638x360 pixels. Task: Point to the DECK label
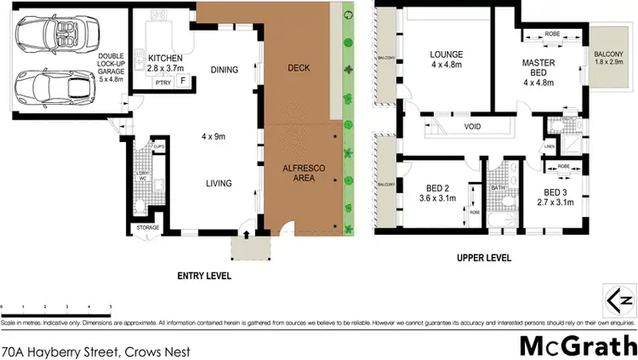tap(298, 67)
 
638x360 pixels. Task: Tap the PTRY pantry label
tap(161, 83)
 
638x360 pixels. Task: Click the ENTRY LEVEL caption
tap(203, 277)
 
